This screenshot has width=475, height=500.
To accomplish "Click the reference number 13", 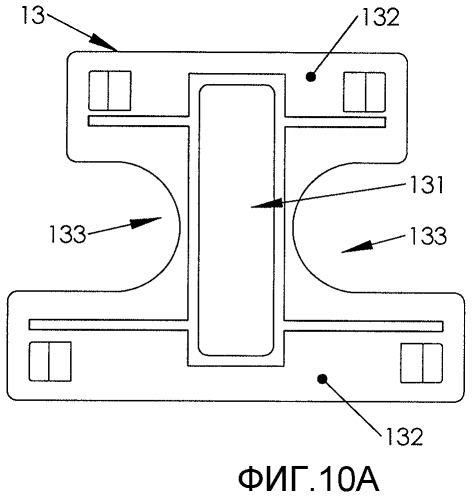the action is (x=33, y=15).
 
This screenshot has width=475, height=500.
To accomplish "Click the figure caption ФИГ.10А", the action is (x=309, y=479).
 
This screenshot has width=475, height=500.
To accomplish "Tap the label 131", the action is (x=427, y=185).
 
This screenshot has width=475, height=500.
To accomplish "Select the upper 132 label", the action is (x=380, y=17).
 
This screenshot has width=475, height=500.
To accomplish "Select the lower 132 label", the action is (x=404, y=436).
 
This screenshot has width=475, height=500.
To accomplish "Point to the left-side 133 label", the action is (x=68, y=234).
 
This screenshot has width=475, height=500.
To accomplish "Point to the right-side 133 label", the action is (x=428, y=236).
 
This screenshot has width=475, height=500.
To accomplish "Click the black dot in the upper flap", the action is (x=311, y=77).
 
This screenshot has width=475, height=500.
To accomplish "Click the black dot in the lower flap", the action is (x=322, y=379).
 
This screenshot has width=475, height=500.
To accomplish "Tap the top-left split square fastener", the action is (x=110, y=90).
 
